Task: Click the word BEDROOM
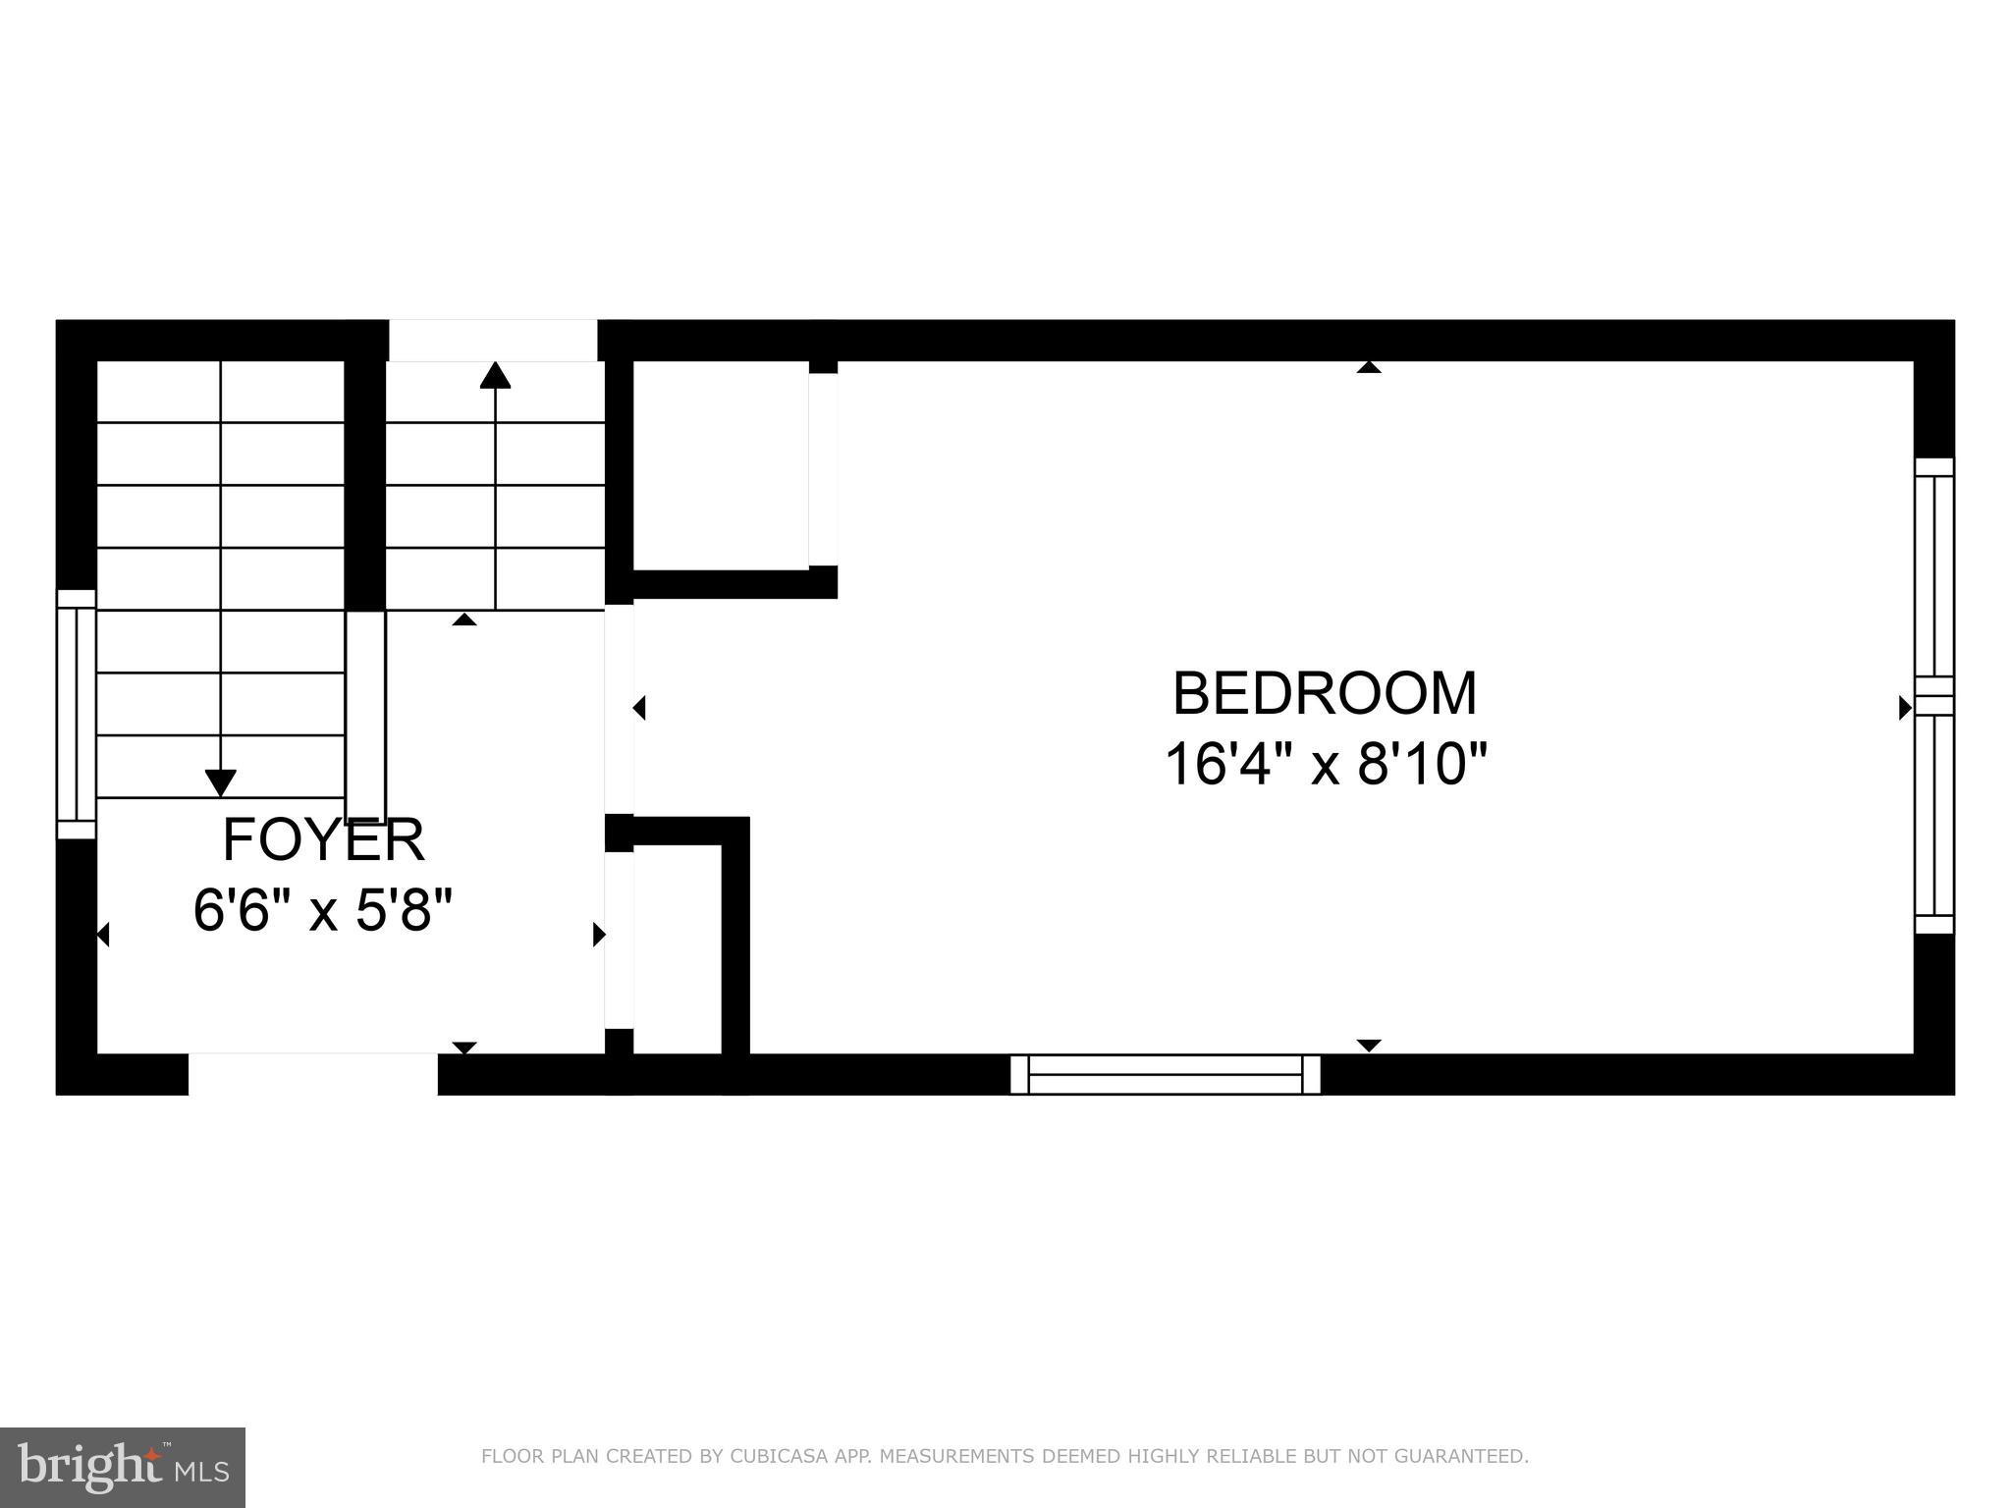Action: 1325,693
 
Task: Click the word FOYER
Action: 323,839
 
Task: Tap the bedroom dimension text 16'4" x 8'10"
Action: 1326,764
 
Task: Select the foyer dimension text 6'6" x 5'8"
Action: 323,911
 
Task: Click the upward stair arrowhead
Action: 495,375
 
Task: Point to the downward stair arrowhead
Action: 221,782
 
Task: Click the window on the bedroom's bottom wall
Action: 1166,1074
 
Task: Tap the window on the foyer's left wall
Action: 76,714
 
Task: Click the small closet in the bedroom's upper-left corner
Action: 722,464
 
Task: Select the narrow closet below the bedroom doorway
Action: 678,947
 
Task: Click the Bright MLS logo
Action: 123,1467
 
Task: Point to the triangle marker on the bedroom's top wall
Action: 1369,367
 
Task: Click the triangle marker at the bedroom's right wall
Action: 1906,707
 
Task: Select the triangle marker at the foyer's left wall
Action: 102,935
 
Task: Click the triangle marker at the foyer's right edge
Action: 599,935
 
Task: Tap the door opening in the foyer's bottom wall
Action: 312,1074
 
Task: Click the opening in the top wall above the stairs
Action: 493,341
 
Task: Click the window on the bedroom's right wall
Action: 1934,695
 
